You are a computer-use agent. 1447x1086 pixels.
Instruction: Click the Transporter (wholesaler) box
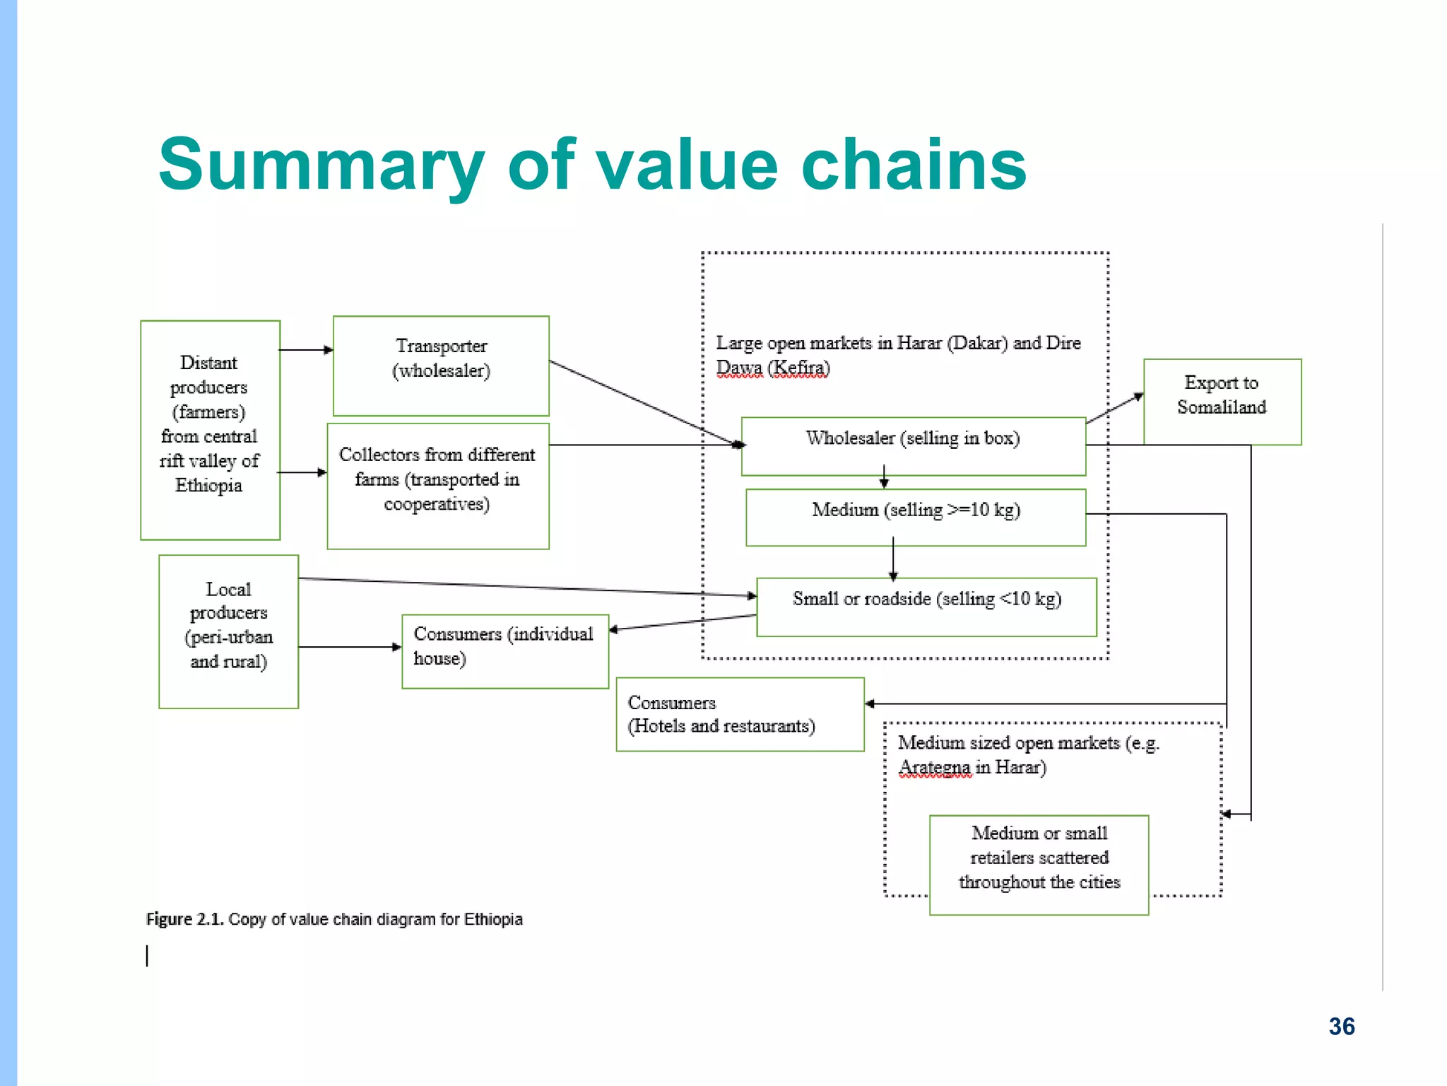(441, 366)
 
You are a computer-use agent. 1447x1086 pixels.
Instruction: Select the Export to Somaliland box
(1222, 401)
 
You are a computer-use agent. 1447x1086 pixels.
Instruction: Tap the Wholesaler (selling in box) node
(913, 445)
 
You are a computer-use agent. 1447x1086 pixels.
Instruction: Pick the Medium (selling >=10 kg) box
(916, 517)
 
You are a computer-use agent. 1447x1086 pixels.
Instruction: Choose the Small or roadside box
(926, 607)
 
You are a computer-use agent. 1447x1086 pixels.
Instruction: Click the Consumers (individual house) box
(504, 651)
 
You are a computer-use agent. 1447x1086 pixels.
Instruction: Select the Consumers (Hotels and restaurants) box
(740, 714)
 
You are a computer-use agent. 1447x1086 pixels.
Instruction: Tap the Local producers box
(228, 631)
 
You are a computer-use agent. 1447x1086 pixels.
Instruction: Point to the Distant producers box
(210, 430)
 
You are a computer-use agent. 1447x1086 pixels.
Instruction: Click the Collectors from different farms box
(438, 486)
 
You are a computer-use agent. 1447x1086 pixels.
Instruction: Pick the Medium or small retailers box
(1039, 864)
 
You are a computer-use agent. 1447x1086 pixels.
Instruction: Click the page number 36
(1341, 1026)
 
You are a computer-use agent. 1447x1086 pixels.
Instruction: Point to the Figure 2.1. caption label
(184, 919)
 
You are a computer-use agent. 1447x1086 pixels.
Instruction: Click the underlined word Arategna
(934, 767)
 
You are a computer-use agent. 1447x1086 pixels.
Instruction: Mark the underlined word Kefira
(798, 368)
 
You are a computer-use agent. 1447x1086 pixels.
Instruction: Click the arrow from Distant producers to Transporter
(306, 349)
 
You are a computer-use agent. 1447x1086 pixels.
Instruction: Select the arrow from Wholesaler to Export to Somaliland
(1114, 409)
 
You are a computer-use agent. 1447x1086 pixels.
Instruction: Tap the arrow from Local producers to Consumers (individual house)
(350, 647)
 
